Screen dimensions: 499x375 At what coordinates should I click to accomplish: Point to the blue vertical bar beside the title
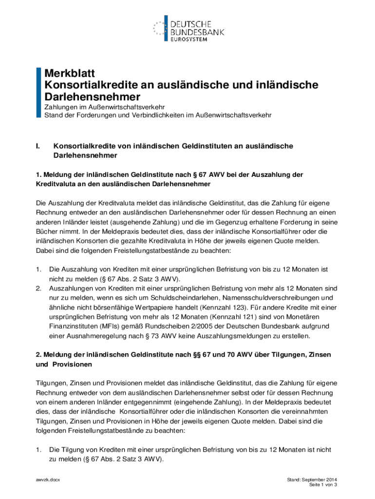point(39,93)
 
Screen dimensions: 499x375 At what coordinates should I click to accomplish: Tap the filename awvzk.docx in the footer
point(48,480)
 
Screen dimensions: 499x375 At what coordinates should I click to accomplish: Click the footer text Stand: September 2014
point(312,480)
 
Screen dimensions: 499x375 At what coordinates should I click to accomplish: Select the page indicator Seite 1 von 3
point(323,485)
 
